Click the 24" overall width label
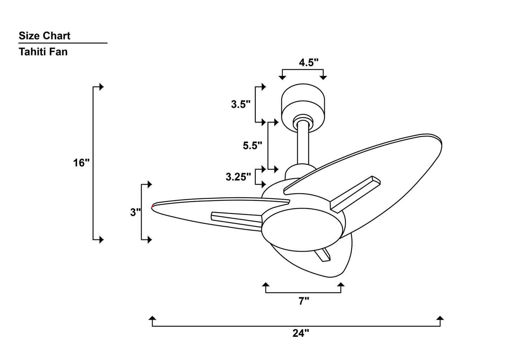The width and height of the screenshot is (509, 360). pos(300,333)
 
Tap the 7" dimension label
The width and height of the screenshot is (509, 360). pos(304,301)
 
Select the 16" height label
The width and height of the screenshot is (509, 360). pos(81,163)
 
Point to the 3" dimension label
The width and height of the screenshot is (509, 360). pos(136,212)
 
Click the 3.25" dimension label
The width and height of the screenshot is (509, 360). pos(238,177)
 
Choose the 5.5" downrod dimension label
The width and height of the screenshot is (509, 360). pos(252,145)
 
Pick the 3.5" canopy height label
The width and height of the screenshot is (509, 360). pos(241,104)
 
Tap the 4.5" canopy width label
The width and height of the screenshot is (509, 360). pos(309,63)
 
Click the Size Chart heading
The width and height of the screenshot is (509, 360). pos(44,36)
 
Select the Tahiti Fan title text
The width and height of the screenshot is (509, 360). pos(43,52)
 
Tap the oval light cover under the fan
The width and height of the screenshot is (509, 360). pos(302,231)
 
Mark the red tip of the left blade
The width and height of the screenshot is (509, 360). pos(152,206)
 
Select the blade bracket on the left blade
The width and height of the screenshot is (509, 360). pos(236,220)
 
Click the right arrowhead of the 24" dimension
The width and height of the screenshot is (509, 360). pos(440,318)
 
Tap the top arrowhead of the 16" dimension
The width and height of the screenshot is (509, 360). pos(101,87)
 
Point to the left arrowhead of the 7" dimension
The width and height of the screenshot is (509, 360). pos(266,284)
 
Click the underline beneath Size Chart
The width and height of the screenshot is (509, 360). pos(63,43)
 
